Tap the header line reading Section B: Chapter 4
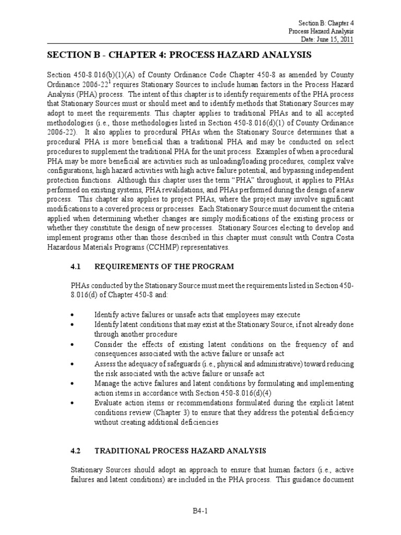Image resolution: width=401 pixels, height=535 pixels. tap(326, 24)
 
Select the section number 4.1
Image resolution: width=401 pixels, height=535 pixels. tap(77, 266)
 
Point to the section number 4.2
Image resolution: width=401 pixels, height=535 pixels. tap(77, 450)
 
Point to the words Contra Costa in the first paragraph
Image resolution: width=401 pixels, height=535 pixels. tap(334, 239)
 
